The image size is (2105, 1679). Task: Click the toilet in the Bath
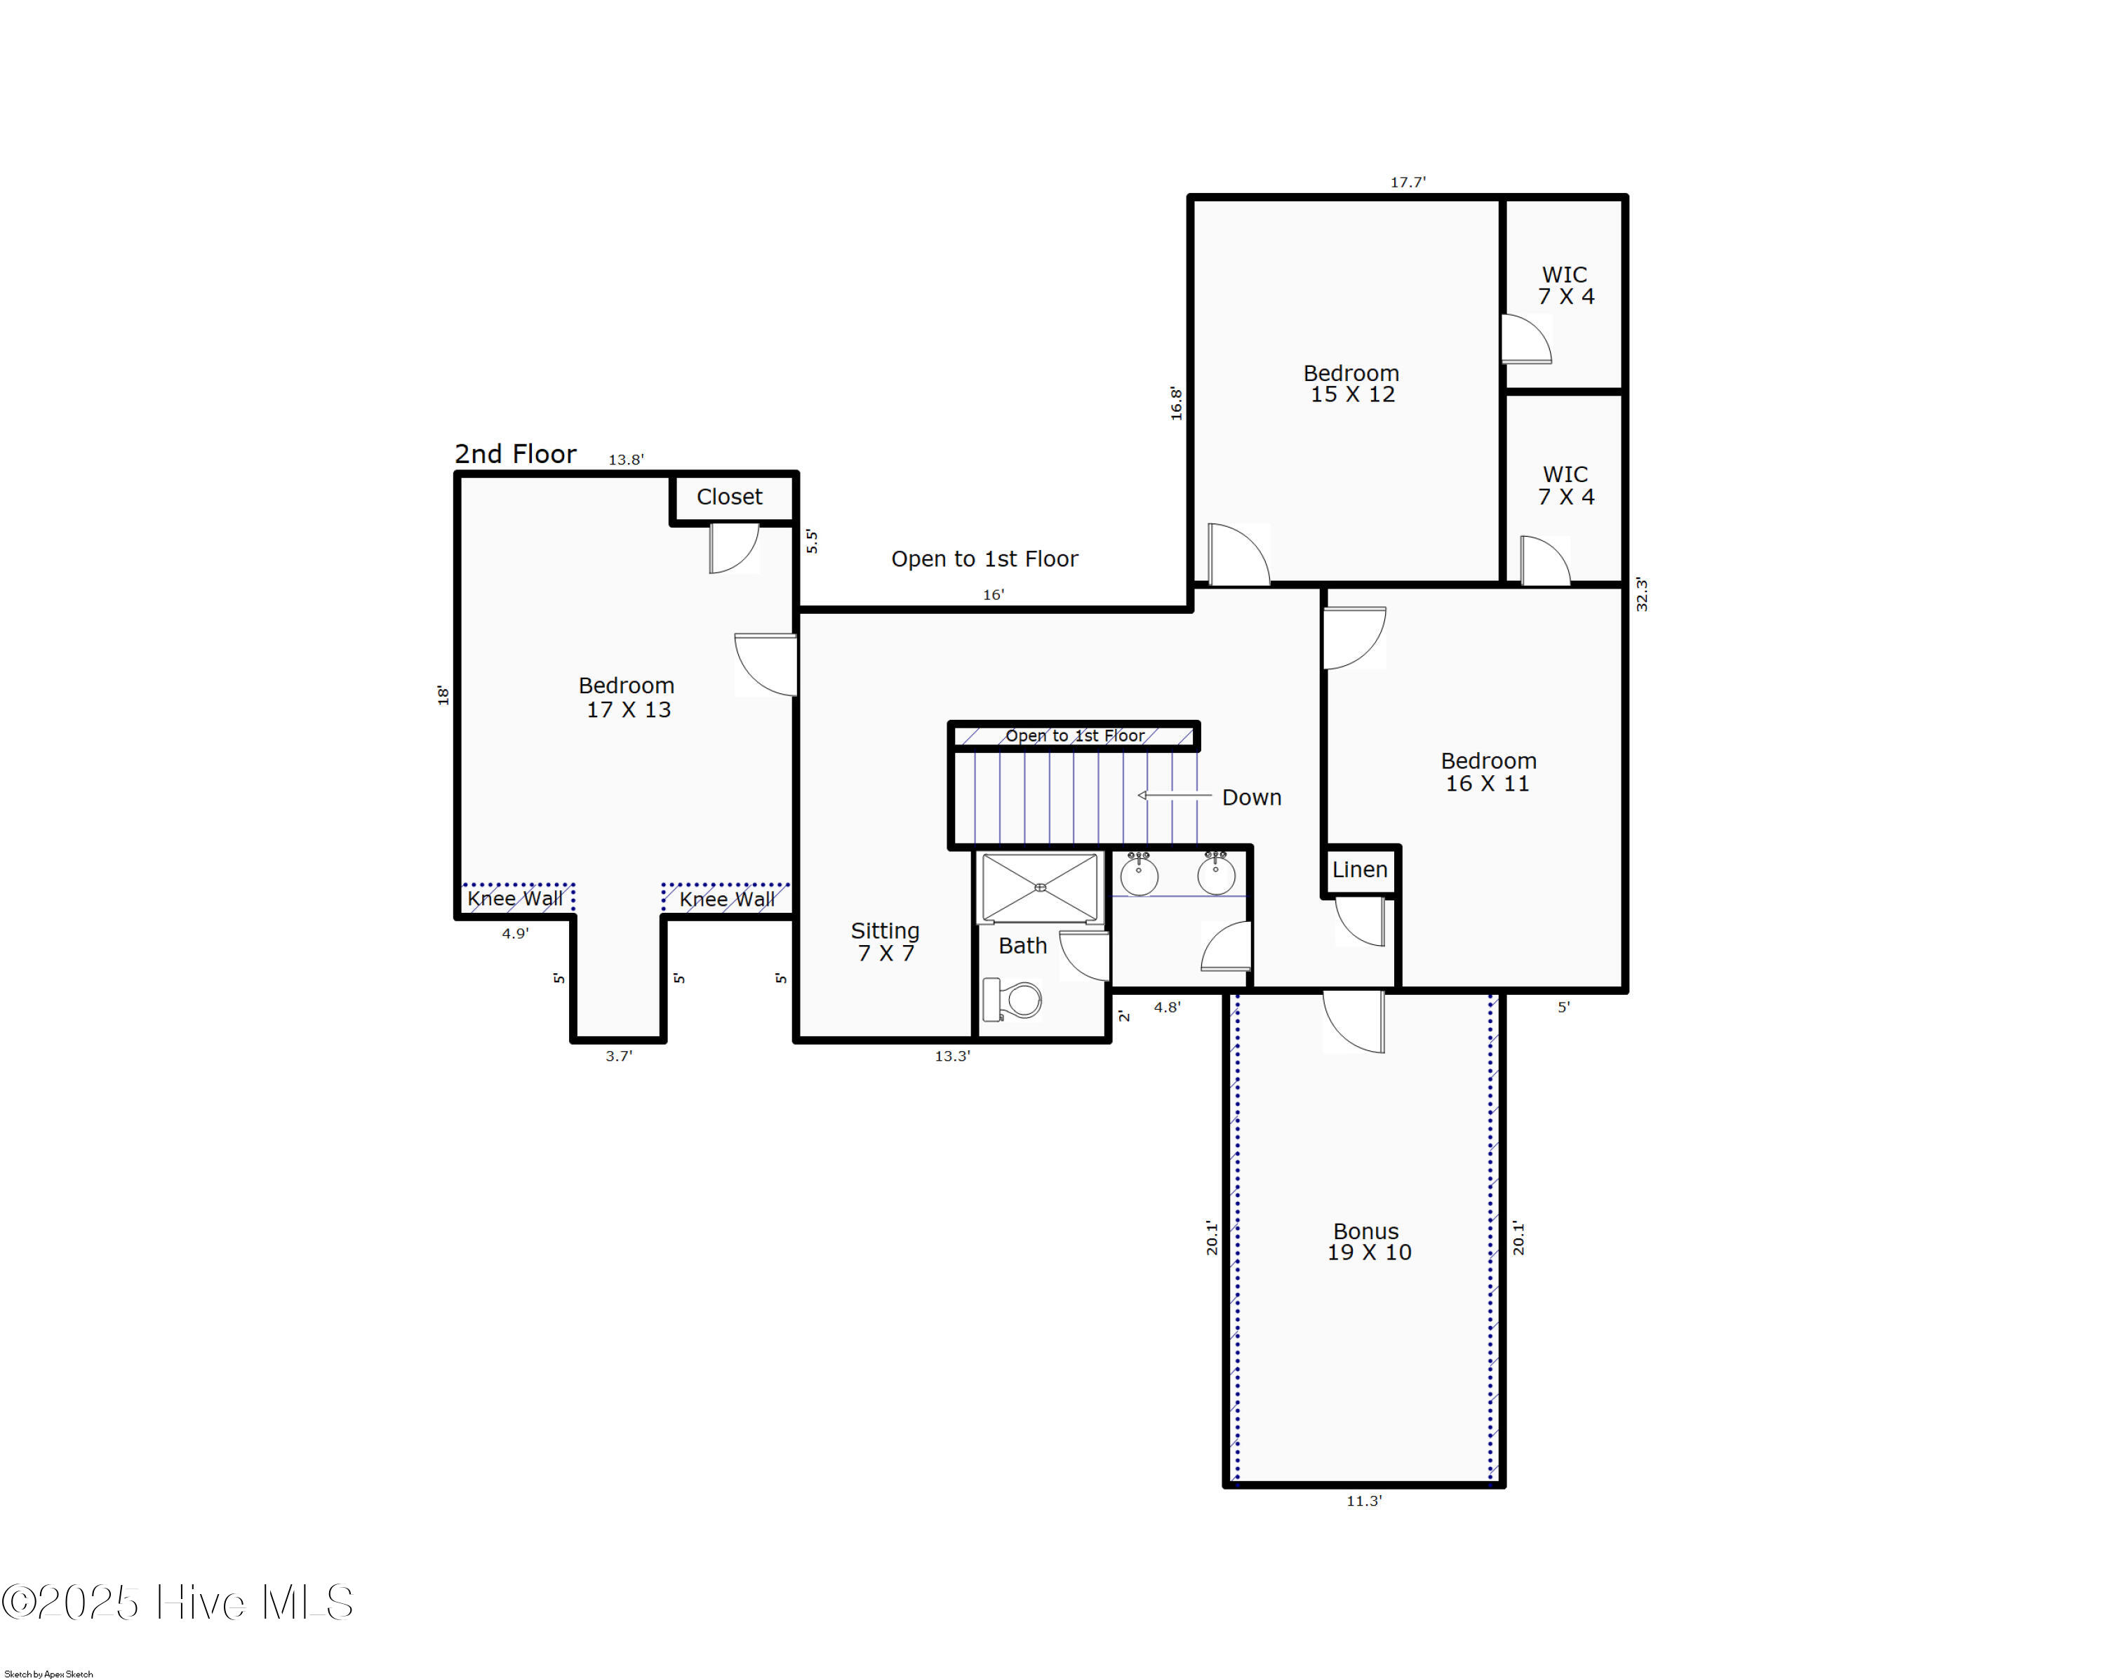[1013, 1000]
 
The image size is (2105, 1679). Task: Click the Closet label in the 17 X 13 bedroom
[729, 497]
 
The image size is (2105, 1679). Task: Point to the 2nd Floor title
[516, 454]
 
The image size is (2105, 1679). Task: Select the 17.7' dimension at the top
[1408, 182]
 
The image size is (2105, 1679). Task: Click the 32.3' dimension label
[1641, 594]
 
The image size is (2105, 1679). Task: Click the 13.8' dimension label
[626, 460]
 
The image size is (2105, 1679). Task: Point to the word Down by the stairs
[1252, 798]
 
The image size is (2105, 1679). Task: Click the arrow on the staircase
[1175, 796]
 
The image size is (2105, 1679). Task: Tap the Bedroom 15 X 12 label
[1352, 384]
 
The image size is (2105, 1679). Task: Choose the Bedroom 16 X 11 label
[1489, 772]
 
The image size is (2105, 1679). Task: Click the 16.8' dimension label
[1177, 403]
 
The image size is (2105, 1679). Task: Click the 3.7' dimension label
[619, 1056]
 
